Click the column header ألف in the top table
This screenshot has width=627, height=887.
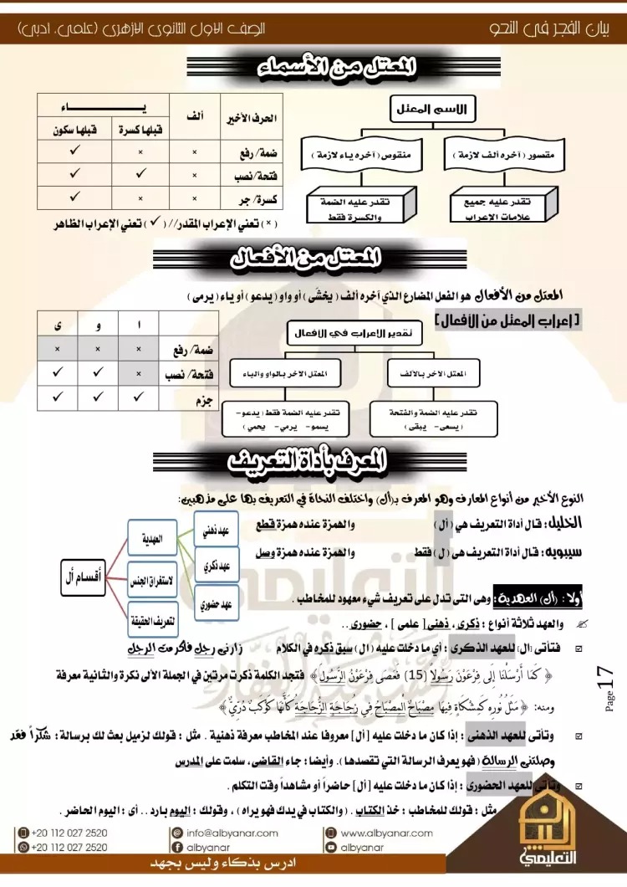195,118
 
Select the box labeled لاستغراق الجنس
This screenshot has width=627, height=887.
151,578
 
